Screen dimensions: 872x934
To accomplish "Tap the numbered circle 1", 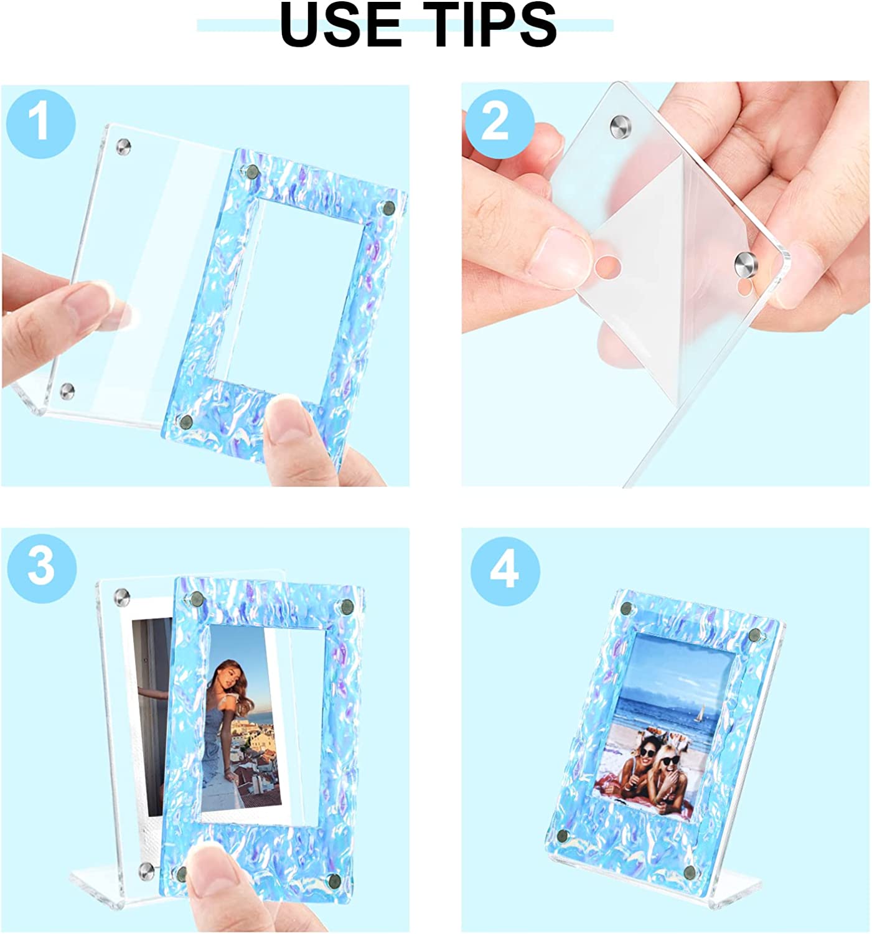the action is pyautogui.click(x=41, y=124).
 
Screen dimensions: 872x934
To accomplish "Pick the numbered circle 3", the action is pyautogui.click(x=41, y=568).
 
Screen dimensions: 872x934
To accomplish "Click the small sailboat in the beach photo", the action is pyautogui.click(x=700, y=714).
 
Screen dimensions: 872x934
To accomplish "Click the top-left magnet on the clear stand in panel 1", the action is pyautogui.click(x=124, y=146).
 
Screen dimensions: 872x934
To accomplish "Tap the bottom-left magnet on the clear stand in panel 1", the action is pyautogui.click(x=67, y=390).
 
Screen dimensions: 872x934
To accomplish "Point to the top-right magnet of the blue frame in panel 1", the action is pyautogui.click(x=389, y=207).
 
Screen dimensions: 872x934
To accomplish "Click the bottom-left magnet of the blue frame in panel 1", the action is pyautogui.click(x=185, y=422).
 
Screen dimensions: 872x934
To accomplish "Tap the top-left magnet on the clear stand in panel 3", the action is pyautogui.click(x=122, y=597).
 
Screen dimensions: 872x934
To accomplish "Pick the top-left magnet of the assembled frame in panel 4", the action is pyautogui.click(x=627, y=608).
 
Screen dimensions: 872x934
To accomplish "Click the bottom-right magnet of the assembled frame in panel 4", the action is pyautogui.click(x=690, y=872).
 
